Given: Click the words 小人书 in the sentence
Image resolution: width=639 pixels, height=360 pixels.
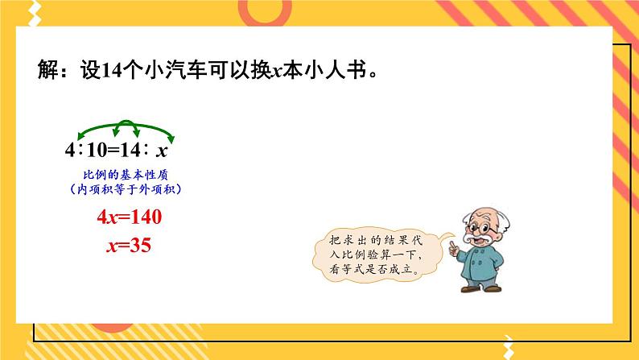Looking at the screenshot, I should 338,70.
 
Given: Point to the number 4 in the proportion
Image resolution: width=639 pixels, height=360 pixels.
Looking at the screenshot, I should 71,150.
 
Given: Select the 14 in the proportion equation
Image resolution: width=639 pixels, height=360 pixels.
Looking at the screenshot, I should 134,150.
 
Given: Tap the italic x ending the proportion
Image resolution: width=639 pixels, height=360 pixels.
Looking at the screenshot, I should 162,151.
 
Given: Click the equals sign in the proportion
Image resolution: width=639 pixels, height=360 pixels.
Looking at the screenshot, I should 115,150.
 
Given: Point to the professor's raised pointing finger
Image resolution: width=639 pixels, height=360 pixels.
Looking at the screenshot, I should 453,239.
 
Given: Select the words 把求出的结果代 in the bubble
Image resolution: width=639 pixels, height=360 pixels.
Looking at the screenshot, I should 372,240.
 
